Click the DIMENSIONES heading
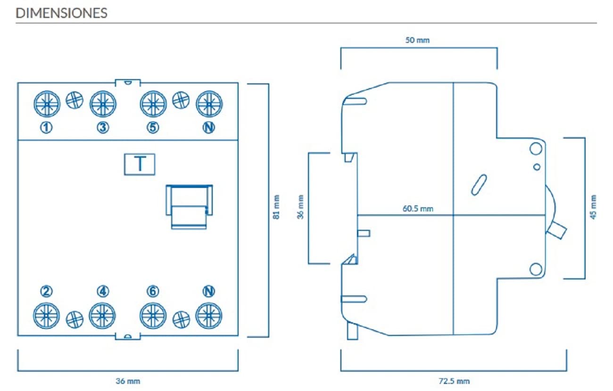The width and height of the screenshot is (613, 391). pyautogui.click(x=61, y=13)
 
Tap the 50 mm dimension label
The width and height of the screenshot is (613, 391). pyautogui.click(x=417, y=40)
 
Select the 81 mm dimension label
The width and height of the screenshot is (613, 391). pyautogui.click(x=276, y=207)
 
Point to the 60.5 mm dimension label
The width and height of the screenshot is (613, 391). pyautogui.click(x=418, y=209)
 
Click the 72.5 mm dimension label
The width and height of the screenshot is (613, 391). pyautogui.click(x=454, y=381)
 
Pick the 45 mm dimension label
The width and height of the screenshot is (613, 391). pyautogui.click(x=593, y=207)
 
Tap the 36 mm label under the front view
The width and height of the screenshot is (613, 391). pyautogui.click(x=128, y=381)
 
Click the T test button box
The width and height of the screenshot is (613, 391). pyautogui.click(x=140, y=164)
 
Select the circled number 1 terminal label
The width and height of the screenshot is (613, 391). pyautogui.click(x=46, y=127)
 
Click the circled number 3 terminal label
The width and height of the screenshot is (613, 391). pyautogui.click(x=103, y=127)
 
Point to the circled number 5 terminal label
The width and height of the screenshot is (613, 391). pyautogui.click(x=153, y=127)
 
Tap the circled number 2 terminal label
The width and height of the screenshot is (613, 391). pyautogui.click(x=46, y=291)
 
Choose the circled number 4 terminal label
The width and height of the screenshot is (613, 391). pyautogui.click(x=103, y=291)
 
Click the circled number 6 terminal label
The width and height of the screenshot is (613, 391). pyautogui.click(x=153, y=291)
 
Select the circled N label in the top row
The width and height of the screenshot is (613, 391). pyautogui.click(x=209, y=127)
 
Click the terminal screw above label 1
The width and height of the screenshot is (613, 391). pyautogui.click(x=47, y=104)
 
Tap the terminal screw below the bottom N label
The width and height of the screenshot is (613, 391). pyautogui.click(x=209, y=316)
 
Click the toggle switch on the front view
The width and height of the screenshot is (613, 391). pyautogui.click(x=189, y=207)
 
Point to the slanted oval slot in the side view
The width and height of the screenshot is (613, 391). pyautogui.click(x=479, y=185)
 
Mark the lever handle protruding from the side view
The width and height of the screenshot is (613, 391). pyautogui.click(x=556, y=230)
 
